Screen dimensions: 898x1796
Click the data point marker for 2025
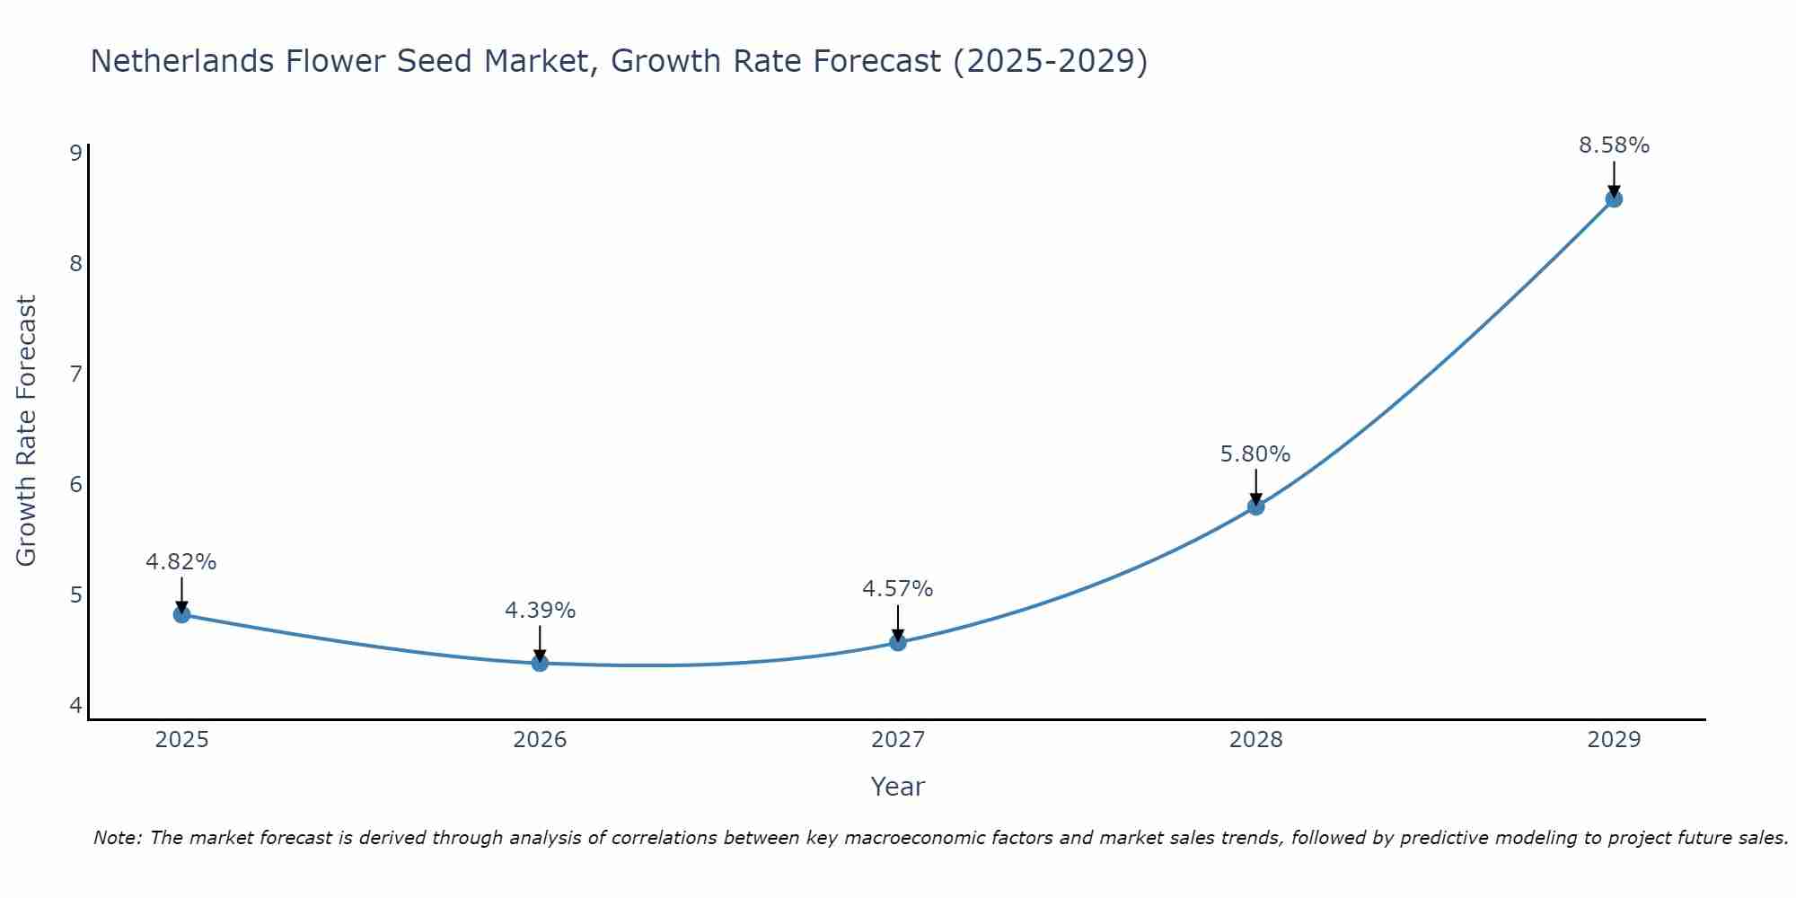point(181,614)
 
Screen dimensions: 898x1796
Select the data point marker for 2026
point(540,663)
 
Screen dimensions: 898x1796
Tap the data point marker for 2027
point(898,642)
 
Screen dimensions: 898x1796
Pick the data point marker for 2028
point(1255,506)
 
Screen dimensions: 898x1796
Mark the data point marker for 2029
point(1614,198)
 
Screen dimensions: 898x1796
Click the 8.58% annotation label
point(1614,145)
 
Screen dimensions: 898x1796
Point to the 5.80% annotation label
point(1255,454)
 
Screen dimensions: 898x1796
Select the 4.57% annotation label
point(897,589)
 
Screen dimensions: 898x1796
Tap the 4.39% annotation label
point(540,611)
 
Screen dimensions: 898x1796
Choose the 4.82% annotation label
point(180,562)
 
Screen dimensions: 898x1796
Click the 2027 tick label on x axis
point(898,740)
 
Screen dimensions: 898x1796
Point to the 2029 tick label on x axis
point(1614,740)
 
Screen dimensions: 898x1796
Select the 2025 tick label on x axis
point(181,740)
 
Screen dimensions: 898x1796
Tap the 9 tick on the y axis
point(75,153)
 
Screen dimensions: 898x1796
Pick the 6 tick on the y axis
point(75,485)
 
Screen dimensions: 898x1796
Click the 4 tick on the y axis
point(75,706)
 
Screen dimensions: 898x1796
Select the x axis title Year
point(897,787)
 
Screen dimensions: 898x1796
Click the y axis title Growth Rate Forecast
point(27,431)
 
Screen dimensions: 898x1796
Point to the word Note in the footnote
point(117,838)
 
